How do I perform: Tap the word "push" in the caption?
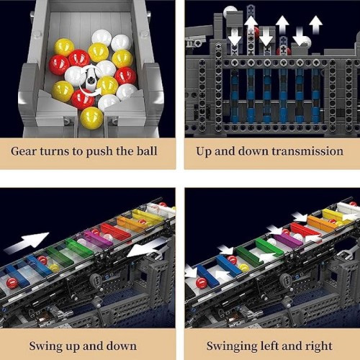pos(99,152)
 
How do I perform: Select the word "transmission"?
pos(307,151)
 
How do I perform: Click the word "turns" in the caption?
pos(55,151)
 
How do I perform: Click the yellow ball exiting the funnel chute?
pos(91,118)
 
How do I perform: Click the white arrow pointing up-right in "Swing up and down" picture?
pos(27,243)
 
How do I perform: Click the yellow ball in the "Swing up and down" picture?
pos(53,268)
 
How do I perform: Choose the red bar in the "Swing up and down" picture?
pos(116,230)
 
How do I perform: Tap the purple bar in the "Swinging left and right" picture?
pos(288,240)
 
